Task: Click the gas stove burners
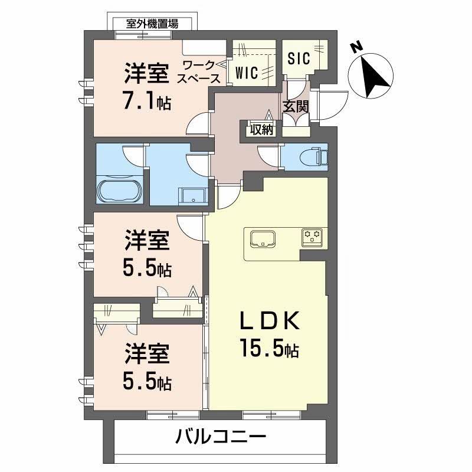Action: [x=312, y=237]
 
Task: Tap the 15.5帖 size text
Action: [x=268, y=349]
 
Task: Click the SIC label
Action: [x=299, y=58]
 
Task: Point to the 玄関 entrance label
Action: [x=295, y=107]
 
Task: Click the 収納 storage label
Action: [x=261, y=130]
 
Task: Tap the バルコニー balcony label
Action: [x=221, y=437]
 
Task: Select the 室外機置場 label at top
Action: [x=152, y=24]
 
